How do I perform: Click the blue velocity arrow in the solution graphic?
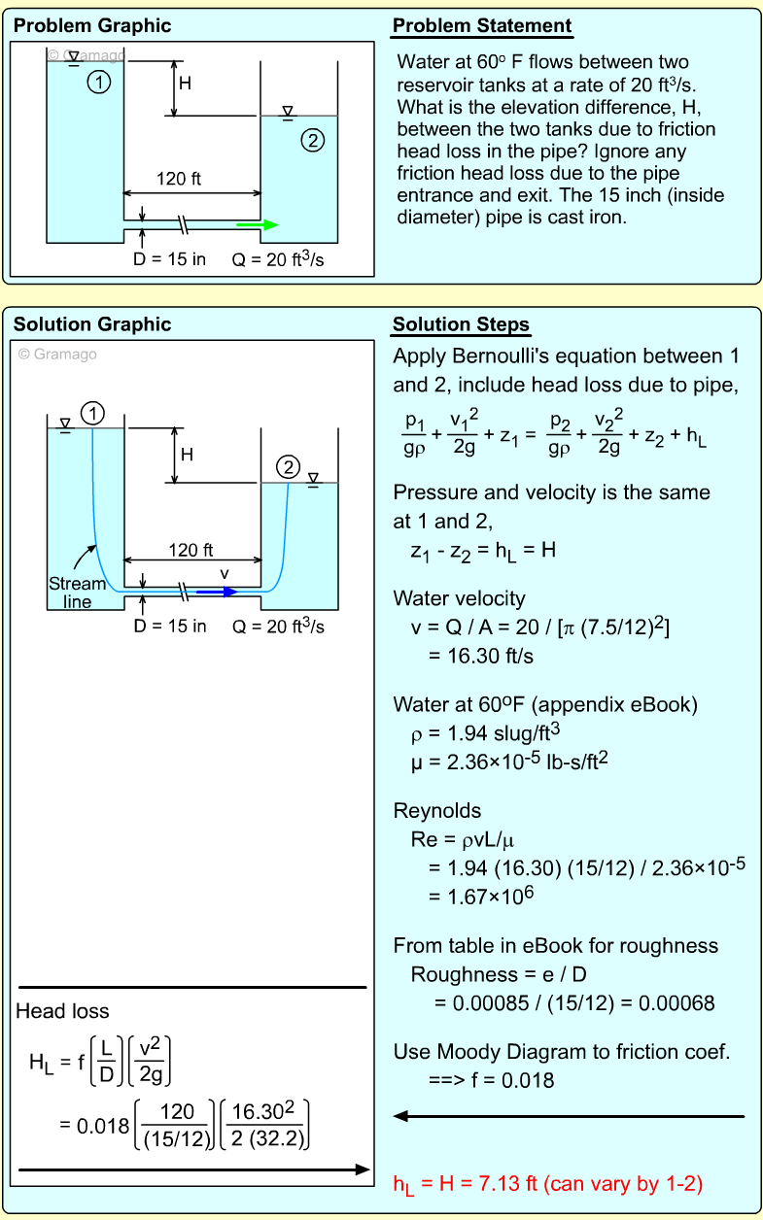pos(216,591)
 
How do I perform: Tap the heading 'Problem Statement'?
pos(482,26)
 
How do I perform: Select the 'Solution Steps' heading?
pos(461,324)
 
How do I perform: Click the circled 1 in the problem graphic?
pos(98,84)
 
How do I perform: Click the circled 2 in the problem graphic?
pos(312,141)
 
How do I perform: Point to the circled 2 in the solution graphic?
pos(289,467)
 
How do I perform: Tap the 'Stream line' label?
pos(77,593)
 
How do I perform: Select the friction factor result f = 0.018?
pos(491,1079)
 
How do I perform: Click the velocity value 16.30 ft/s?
pos(480,656)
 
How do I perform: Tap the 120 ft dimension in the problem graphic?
pos(179,179)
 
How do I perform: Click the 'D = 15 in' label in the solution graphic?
pos(170,627)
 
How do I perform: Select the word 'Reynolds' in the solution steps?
pos(436,811)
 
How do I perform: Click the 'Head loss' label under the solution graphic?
pos(62,1012)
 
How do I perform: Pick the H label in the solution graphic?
pos(187,455)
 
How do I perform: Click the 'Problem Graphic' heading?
pos(91,26)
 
